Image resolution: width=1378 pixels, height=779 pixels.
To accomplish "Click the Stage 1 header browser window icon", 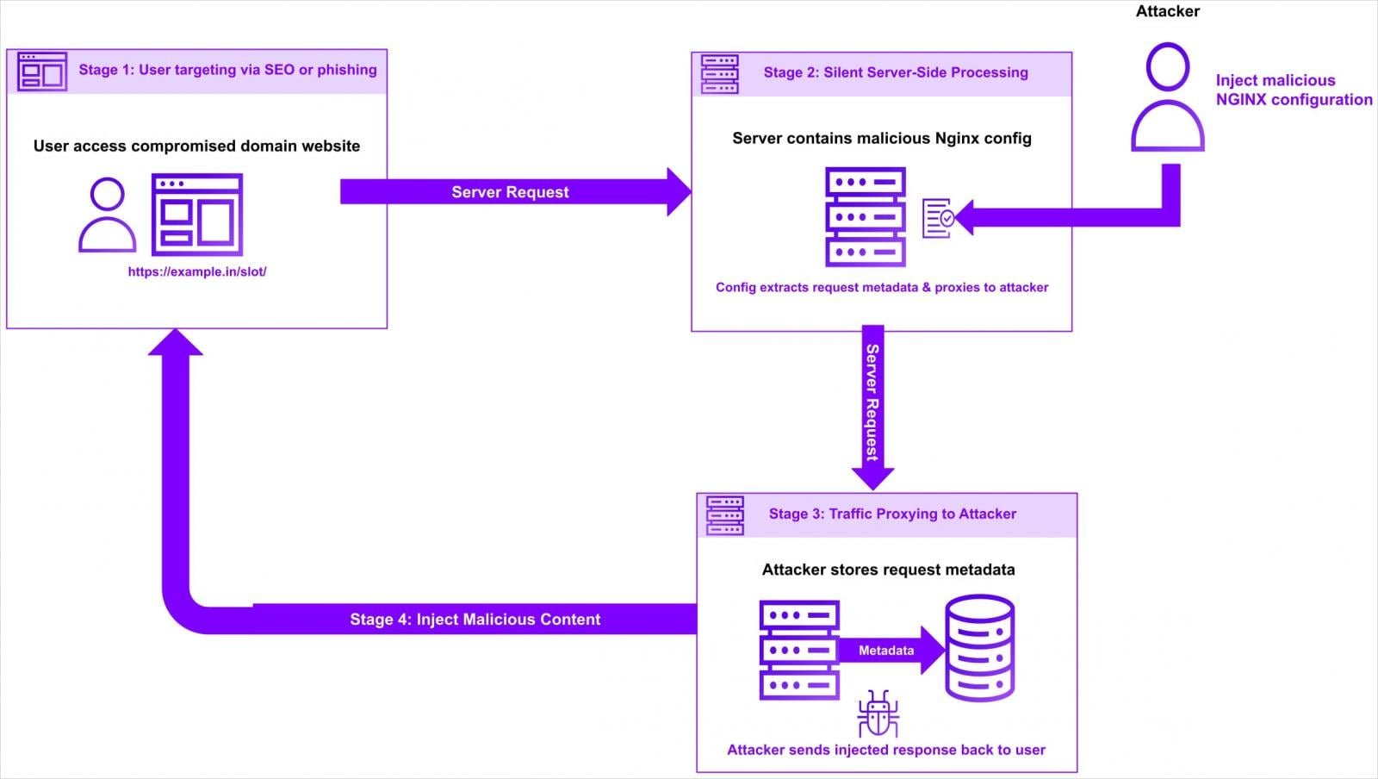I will click(42, 72).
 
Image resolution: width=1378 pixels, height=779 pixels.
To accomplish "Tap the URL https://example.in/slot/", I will click(197, 271).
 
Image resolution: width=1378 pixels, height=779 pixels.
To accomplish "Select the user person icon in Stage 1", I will click(108, 215).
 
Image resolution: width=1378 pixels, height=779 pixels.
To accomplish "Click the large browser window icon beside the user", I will click(197, 215).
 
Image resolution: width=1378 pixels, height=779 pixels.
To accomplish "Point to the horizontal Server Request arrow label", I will click(510, 192).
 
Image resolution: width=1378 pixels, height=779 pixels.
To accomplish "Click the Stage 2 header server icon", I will click(720, 74).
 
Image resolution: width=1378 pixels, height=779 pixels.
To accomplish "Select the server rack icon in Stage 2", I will click(865, 217).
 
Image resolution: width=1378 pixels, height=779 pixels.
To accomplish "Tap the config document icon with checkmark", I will click(937, 218).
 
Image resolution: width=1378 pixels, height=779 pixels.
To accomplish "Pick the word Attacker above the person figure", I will click(1167, 11).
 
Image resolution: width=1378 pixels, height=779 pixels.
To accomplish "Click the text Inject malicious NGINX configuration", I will click(1293, 90).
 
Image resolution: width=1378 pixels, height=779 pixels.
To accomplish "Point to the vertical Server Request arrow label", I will click(872, 402).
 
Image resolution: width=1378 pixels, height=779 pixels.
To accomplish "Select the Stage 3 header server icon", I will click(725, 515).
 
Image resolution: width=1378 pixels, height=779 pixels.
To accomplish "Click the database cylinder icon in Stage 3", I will click(980, 648).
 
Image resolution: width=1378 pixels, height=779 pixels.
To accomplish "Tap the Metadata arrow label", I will click(885, 651).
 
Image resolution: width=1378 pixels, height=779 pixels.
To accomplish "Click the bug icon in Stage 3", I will click(878, 714).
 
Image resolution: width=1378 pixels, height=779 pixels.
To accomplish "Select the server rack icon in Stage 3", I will click(799, 650).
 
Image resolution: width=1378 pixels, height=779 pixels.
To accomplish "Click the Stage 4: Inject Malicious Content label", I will click(475, 619).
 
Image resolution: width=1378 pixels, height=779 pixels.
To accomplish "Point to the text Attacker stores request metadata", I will click(888, 570).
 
